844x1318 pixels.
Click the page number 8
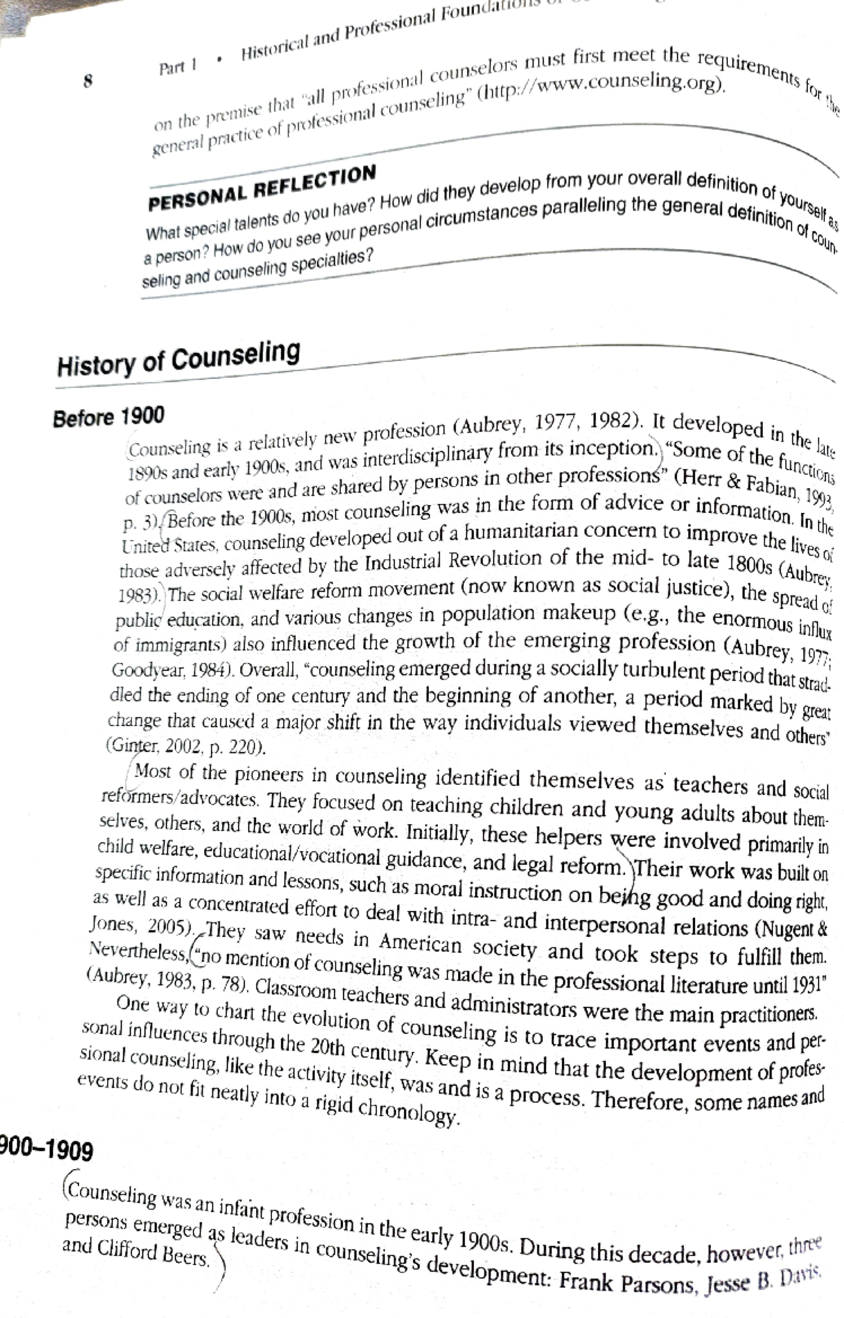coord(88,80)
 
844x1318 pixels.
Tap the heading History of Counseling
coord(179,358)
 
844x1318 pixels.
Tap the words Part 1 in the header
coord(177,67)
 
